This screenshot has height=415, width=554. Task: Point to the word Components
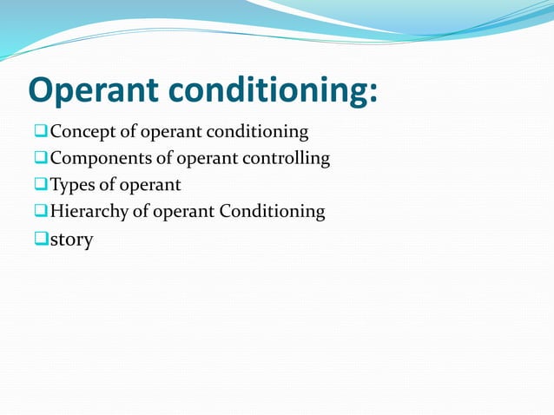(x=96, y=159)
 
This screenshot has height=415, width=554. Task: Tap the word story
(x=71, y=240)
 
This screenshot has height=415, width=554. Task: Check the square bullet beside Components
(x=41, y=159)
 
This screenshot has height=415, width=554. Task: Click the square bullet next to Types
(x=41, y=185)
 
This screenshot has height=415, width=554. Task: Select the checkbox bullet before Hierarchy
(x=41, y=211)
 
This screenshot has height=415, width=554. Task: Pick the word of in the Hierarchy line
(x=139, y=211)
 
